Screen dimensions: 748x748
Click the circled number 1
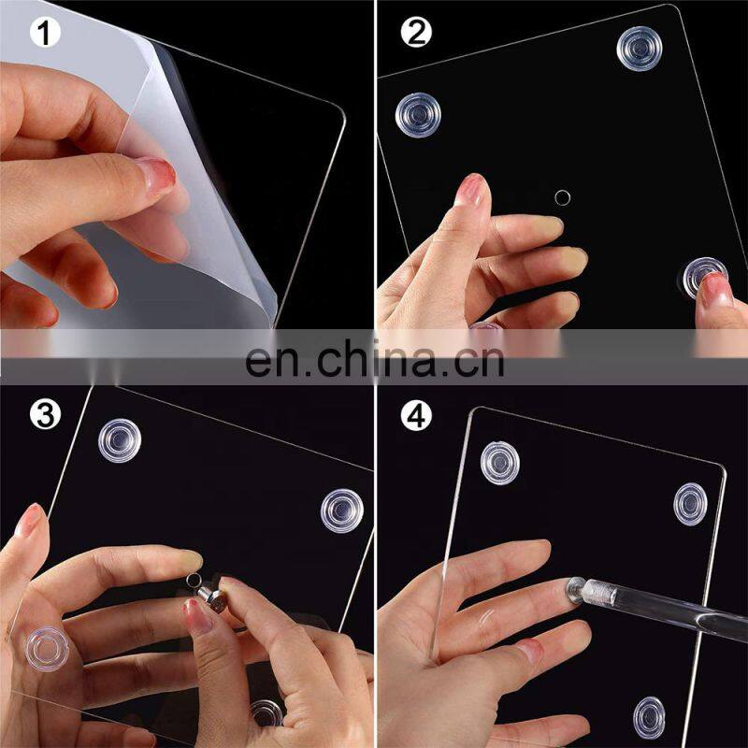(45, 34)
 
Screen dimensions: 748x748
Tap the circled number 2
(416, 33)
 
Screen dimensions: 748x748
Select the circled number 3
(45, 415)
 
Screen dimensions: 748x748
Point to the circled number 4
(416, 415)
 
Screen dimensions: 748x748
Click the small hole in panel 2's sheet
(563, 197)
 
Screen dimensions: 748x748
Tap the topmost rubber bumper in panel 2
(640, 49)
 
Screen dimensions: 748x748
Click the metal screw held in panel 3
(212, 599)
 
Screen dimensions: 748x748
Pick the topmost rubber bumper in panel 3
(120, 440)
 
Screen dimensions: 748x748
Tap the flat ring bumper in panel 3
(48, 649)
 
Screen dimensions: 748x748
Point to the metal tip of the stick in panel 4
(576, 591)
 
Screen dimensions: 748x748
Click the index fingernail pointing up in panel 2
(470, 189)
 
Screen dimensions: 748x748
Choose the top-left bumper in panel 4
(500, 463)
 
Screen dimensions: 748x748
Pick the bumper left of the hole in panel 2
(418, 115)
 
